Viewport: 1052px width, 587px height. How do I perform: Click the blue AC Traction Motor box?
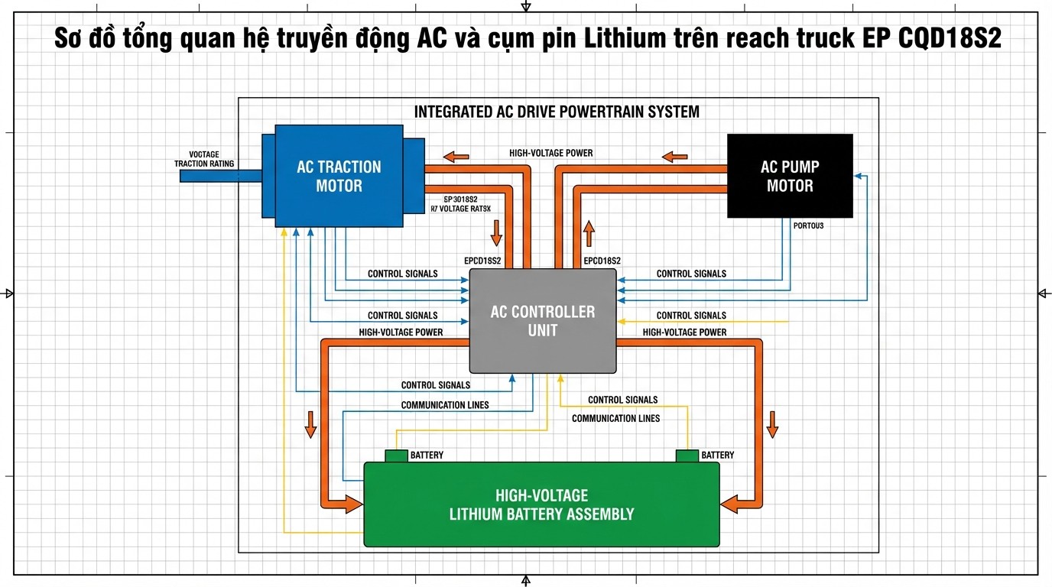click(x=339, y=176)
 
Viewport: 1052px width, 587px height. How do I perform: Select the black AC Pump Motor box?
click(x=789, y=176)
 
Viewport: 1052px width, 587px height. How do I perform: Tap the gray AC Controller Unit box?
click(x=542, y=321)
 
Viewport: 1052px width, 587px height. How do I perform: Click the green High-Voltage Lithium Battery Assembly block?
click(x=541, y=504)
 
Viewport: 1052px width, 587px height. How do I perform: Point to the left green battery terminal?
click(x=396, y=456)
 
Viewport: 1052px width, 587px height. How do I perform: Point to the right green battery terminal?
click(x=687, y=456)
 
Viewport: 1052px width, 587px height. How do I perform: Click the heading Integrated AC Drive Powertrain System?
click(x=557, y=112)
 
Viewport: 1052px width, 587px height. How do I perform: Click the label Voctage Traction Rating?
click(x=204, y=159)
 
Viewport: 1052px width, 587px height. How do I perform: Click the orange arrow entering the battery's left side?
click(x=352, y=503)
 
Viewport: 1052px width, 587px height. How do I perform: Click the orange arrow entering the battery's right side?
click(x=731, y=503)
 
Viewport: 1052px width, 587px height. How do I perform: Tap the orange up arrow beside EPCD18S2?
click(x=588, y=232)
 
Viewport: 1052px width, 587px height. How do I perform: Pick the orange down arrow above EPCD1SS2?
click(x=496, y=232)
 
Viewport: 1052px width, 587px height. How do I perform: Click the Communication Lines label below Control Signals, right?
click(x=615, y=418)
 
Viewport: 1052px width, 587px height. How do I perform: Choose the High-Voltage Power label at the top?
click(x=550, y=153)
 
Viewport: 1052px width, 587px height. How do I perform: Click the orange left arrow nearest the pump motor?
click(x=674, y=157)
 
